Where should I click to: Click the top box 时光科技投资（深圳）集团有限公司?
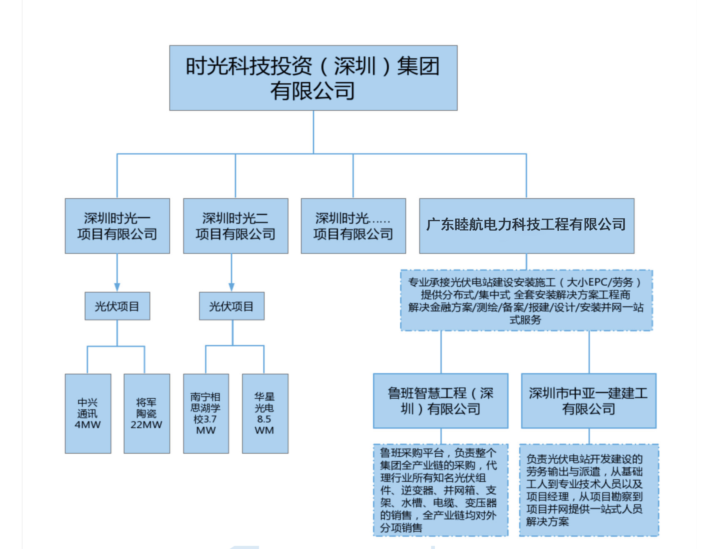pos(313,78)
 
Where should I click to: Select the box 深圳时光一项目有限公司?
pos(117,226)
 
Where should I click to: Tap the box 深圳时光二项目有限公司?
pos(235,226)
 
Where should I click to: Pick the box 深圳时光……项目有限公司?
pos(353,226)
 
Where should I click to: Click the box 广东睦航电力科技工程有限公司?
pos(526,226)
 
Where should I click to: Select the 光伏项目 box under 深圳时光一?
pos(117,306)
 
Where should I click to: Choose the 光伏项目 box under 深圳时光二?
pos(231,306)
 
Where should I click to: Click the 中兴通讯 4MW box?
pos(88,413)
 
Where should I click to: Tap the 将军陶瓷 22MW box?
pos(146,413)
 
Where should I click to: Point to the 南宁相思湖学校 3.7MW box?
pos(206,413)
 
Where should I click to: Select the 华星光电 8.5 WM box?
pos(265,413)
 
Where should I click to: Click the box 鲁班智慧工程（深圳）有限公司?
pos(440,401)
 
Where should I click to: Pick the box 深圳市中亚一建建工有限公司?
pos(588,401)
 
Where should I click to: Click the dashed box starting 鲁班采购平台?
pos(440,490)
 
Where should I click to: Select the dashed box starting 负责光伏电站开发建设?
pos(589,490)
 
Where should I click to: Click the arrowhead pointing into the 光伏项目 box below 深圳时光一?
pos(117,287)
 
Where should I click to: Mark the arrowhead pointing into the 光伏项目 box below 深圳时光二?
pos(231,287)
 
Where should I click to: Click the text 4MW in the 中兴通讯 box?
pos(88,425)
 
